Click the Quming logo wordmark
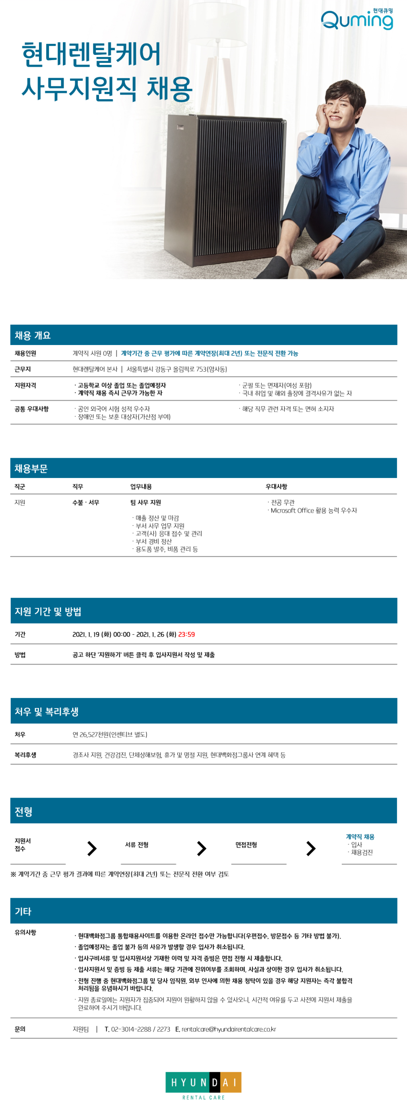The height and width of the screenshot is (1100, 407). coord(357,21)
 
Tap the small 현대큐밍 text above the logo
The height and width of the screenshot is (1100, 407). coord(382,11)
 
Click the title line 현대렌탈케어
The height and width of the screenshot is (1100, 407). coord(91,55)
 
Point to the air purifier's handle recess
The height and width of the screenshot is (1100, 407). coord(180,127)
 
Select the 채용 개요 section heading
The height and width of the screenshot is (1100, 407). coord(33,335)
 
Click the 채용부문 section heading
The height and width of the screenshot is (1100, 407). coord(31,468)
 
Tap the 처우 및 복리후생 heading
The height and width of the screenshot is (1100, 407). coord(47,712)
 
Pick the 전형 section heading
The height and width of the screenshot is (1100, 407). coord(23,811)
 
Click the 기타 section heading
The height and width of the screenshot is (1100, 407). coord(23,911)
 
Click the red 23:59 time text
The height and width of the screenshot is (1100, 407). coord(186,634)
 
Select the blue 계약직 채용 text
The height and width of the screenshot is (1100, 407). coord(360,837)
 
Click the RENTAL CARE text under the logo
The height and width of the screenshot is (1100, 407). coord(203,1096)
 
